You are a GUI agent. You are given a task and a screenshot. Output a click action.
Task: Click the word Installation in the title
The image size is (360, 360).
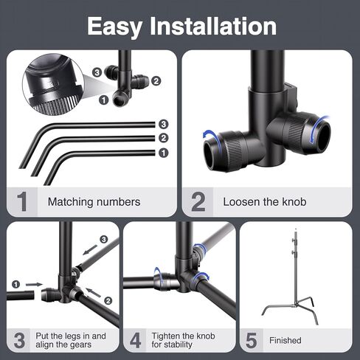click(x=213, y=26)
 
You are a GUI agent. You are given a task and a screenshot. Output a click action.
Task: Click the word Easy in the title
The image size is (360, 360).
click(x=115, y=27)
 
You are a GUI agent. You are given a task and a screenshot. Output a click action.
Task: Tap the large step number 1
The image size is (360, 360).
click(x=22, y=201)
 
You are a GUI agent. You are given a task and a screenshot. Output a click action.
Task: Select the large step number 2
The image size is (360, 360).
click(x=198, y=201)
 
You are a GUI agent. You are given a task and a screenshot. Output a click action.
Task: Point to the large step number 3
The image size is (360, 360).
click(x=19, y=340)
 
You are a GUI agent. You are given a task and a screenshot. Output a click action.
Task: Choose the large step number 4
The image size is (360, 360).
click(x=136, y=340)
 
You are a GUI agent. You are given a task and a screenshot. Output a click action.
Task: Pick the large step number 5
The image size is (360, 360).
click(x=252, y=340)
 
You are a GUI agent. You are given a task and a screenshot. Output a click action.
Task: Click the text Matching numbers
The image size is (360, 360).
click(x=94, y=202)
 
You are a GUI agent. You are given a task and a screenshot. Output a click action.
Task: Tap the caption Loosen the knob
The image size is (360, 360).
click(x=265, y=202)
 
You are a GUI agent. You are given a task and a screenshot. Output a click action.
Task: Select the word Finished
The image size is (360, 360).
click(x=285, y=340)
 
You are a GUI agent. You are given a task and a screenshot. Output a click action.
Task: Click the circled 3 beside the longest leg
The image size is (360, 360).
click(x=164, y=124)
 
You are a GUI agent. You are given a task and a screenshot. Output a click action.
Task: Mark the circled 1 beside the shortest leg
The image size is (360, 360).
click(x=164, y=153)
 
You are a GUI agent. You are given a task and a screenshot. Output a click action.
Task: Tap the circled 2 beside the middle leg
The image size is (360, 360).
click(x=164, y=138)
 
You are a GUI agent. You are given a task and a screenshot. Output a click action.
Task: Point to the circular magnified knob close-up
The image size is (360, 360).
click(x=53, y=84)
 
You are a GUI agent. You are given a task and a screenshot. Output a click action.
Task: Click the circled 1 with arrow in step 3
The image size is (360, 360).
click(x=15, y=285)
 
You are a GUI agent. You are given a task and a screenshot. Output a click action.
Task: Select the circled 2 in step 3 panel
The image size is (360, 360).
click(x=108, y=300)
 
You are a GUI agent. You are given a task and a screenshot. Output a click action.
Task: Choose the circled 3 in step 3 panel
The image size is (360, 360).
click(x=104, y=239)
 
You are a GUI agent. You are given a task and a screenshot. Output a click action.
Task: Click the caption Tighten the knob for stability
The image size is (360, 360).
click(x=183, y=340)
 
